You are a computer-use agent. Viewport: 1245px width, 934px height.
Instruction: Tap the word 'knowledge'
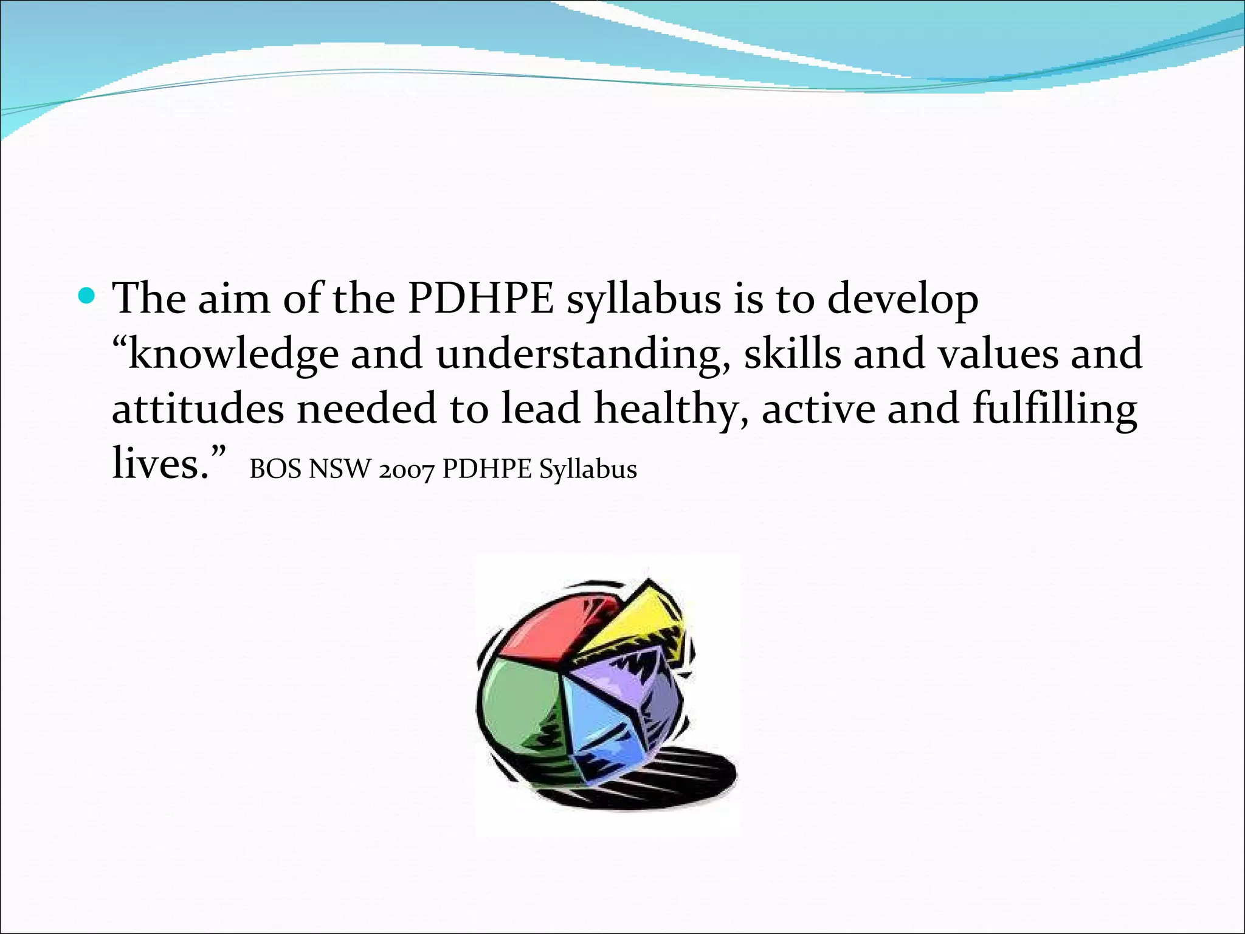pos(233,355)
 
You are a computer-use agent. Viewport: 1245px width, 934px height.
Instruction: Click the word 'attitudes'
pos(198,409)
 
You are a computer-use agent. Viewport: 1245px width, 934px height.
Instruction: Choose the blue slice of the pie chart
pos(602,730)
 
